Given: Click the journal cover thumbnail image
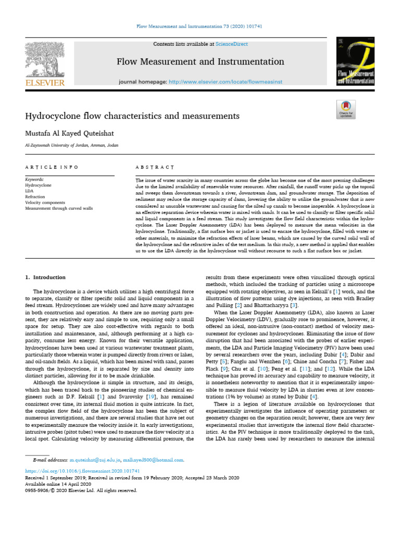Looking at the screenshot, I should pyautogui.click(x=356, y=62).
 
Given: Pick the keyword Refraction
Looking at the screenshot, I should pyautogui.click(x=35, y=197).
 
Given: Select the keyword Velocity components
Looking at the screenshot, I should pyautogui.click(x=45, y=202).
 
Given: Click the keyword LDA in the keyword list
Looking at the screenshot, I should pyautogui.click(x=30, y=191).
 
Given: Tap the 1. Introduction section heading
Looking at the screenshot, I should pyautogui.click(x=46, y=277).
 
